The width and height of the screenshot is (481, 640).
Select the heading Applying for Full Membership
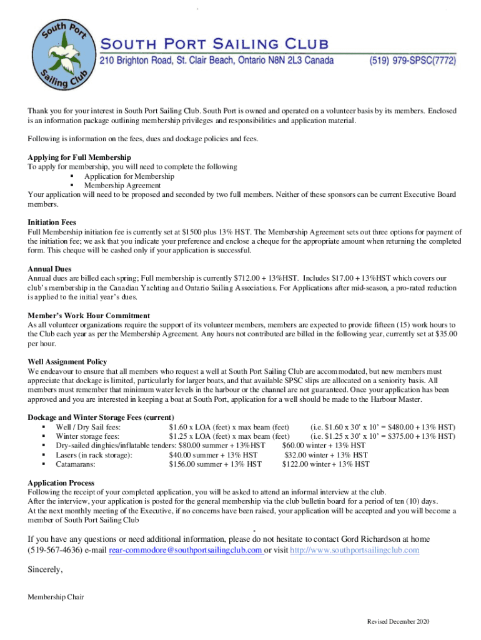pyautogui.click(x=79, y=157)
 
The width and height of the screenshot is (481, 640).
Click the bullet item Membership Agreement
pyautogui.click(x=122, y=185)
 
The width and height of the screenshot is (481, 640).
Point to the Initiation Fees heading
pyautogui.click(x=52, y=222)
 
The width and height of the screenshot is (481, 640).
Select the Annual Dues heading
pyautogui.click(x=49, y=269)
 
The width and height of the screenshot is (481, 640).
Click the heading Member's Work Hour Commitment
pyautogui.click(x=89, y=315)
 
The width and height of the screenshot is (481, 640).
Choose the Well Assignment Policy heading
pyautogui.click(x=67, y=362)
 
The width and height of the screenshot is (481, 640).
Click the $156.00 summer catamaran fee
pyautogui.click(x=184, y=464)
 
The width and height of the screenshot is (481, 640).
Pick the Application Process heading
pyautogui.click(x=61, y=483)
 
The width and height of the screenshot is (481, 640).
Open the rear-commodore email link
pyautogui.click(x=185, y=550)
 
